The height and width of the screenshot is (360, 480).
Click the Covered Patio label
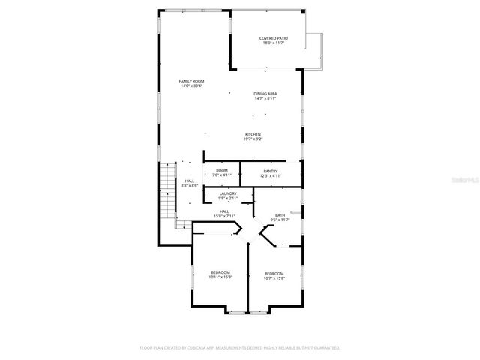pos(273,38)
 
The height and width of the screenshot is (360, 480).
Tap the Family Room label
pos(191,81)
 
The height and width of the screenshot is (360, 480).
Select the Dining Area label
pos(266,93)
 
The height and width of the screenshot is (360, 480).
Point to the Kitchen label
pos(253,134)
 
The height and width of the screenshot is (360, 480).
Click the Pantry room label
pos(271,171)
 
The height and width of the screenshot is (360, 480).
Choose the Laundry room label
pos(228,194)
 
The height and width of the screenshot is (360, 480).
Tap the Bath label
pos(280,215)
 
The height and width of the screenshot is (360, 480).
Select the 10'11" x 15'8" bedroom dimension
pos(220,277)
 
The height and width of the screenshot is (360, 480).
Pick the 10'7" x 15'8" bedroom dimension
pos(274,277)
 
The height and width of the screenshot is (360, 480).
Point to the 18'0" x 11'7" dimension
pos(273,43)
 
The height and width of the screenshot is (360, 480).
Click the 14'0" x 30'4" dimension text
pos(191,85)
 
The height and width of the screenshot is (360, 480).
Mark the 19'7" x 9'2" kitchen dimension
pos(253,139)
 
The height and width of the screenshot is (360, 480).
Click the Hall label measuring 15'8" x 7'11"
pos(224,214)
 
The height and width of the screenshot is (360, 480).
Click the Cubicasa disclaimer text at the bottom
pos(240,348)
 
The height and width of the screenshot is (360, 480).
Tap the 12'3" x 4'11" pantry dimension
pos(271,175)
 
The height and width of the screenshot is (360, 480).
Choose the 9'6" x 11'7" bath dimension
pos(280,220)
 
